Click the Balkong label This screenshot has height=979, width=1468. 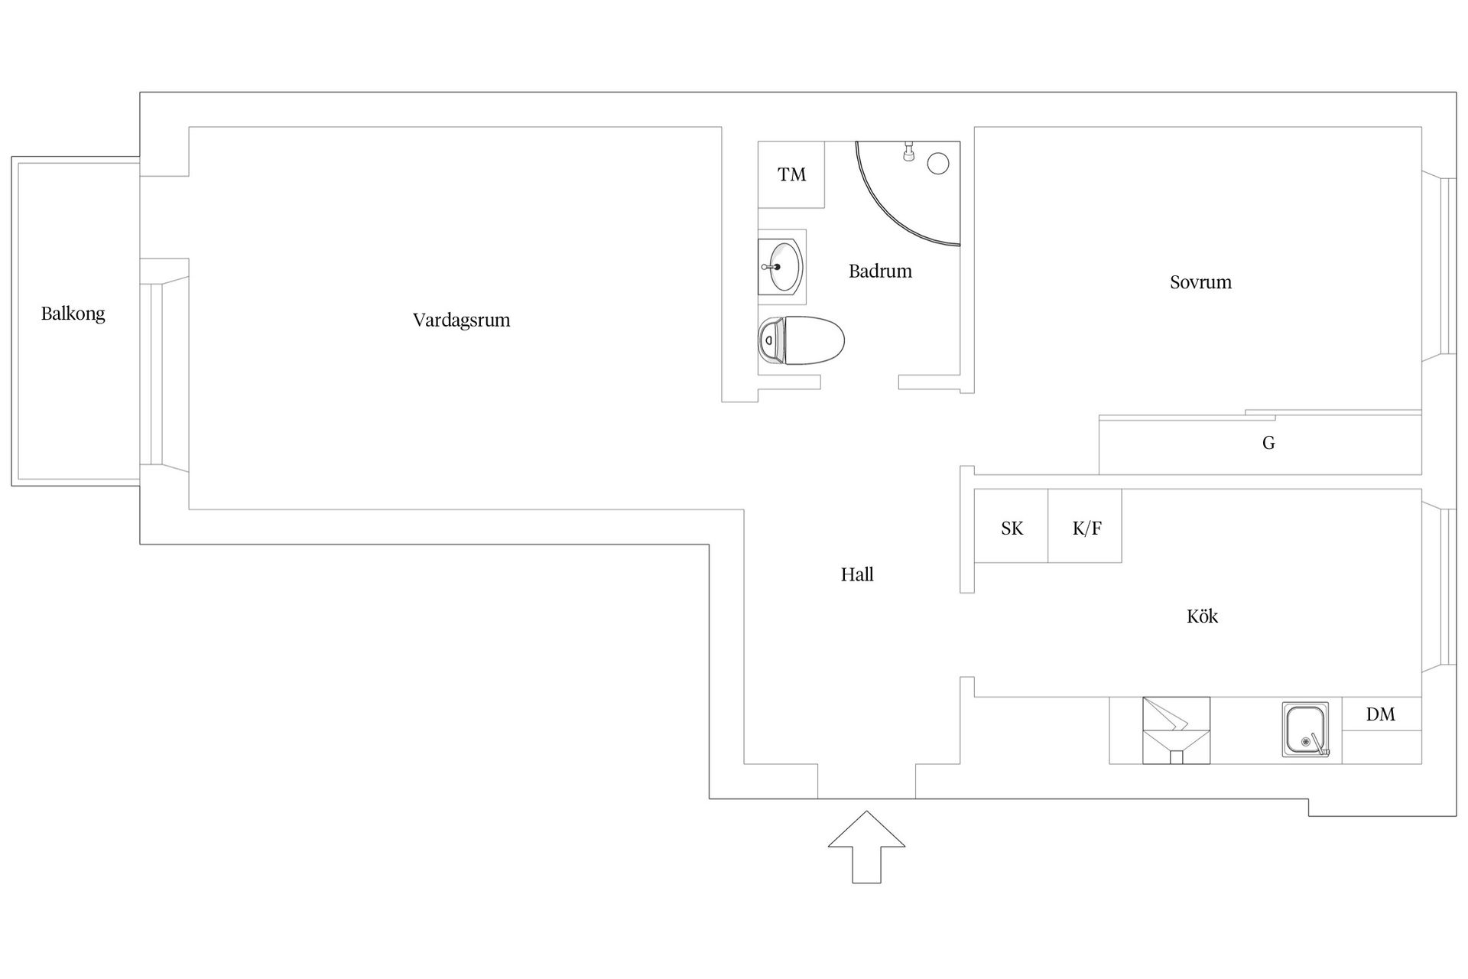click(x=73, y=314)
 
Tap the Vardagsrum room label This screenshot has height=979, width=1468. click(x=461, y=320)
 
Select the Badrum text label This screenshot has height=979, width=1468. click(x=880, y=271)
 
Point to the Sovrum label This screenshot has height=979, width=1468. click(x=1200, y=282)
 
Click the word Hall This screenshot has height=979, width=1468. click(x=857, y=574)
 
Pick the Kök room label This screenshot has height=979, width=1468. click(x=1202, y=616)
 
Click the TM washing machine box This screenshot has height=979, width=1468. click(x=791, y=174)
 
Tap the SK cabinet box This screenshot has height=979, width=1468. click(x=1012, y=526)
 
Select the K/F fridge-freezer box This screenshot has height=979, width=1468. click(x=1085, y=526)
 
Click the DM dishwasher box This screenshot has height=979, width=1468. click(x=1382, y=714)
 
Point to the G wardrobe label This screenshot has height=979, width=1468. click(x=1268, y=443)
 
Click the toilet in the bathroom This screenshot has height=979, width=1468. click(x=801, y=340)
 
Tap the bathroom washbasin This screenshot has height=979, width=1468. click(x=781, y=266)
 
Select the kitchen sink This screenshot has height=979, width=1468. click(x=1305, y=730)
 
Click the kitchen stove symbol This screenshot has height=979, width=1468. click(x=1176, y=730)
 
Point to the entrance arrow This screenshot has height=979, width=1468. click(x=866, y=847)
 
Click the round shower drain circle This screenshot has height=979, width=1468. click(x=938, y=163)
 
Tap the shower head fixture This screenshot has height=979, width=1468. click(x=908, y=151)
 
